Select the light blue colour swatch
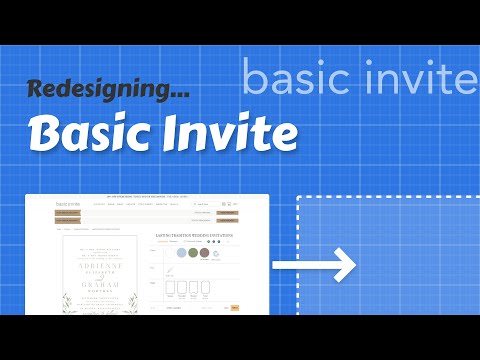[x=182, y=253]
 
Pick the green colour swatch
[x=194, y=253]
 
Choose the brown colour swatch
[x=205, y=253]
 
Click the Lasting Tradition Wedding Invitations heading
[x=195, y=236]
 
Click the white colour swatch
[x=169, y=253]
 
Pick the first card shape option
[x=170, y=288]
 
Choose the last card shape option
[x=206, y=288]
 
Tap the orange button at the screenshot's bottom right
[x=235, y=308]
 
